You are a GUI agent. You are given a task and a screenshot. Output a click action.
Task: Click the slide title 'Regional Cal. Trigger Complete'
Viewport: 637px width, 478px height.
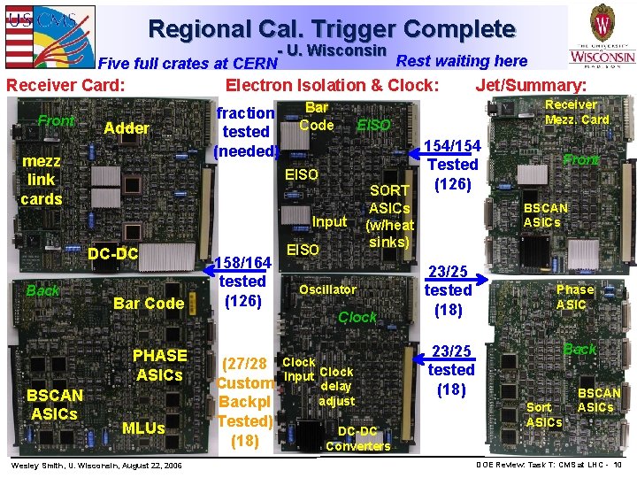pos(332,29)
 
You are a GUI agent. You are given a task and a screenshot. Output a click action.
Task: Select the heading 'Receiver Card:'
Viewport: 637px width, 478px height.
pos(65,86)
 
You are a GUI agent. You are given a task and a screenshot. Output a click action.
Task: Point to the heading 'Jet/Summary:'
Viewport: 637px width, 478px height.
pos(531,86)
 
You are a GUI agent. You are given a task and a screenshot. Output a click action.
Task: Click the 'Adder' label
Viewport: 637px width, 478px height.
pos(127,128)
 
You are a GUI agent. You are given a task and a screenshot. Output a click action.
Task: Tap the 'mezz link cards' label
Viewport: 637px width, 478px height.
pos(42,180)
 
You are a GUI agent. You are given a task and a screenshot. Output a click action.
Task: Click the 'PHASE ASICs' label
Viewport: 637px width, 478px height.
pos(159,365)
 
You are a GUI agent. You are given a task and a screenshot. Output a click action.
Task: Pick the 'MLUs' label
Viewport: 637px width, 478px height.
pos(143,428)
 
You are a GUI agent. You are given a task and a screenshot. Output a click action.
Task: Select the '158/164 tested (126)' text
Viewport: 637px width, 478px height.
pos(242,281)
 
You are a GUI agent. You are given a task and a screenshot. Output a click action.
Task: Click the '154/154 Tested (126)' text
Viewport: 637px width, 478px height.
pos(453,165)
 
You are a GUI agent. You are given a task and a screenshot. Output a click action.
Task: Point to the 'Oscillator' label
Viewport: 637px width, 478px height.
pos(328,289)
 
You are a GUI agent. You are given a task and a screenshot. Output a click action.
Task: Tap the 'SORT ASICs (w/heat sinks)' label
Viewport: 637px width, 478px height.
pos(389,216)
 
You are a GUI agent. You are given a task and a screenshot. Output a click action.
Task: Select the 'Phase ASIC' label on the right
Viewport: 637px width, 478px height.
pos(575,297)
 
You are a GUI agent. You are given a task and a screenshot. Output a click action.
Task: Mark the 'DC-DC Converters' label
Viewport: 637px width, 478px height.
pos(357,438)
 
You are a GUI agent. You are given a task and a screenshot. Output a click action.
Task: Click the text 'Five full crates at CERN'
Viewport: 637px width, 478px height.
pos(188,63)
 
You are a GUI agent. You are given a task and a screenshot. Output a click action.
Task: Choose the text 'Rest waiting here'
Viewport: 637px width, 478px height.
pos(462,61)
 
